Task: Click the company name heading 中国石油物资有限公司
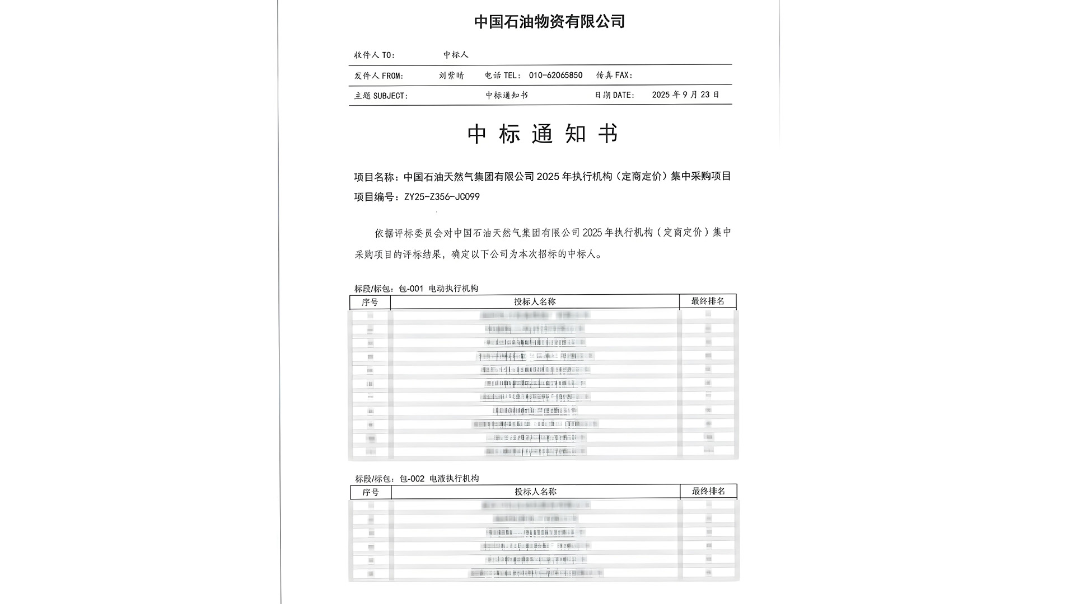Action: (549, 22)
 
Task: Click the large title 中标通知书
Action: (543, 134)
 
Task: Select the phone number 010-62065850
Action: (555, 75)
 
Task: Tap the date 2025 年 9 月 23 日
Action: (685, 95)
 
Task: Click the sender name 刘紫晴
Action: (451, 75)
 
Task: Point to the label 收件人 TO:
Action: (374, 55)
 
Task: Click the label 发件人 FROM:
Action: (378, 75)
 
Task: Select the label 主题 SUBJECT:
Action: (381, 96)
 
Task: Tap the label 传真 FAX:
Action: (614, 75)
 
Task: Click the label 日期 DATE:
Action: (615, 95)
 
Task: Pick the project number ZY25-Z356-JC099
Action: (442, 197)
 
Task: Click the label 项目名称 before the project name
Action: (374, 177)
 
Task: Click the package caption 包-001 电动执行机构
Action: (438, 289)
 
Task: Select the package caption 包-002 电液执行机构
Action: (439, 479)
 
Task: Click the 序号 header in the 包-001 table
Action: (370, 302)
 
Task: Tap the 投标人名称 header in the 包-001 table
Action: (535, 301)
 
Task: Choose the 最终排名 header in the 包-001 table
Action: (708, 301)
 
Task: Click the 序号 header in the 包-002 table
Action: (370, 492)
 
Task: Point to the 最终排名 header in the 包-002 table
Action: (708, 491)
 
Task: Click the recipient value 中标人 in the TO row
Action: (456, 55)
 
